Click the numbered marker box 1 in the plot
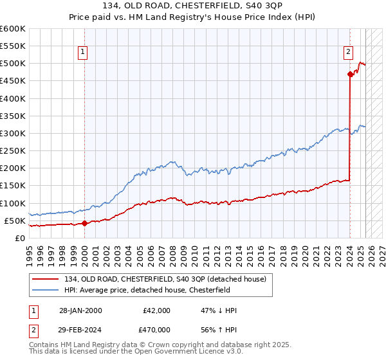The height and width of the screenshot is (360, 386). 84,53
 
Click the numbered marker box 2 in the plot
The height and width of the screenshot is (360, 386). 348,53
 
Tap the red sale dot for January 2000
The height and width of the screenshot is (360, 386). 85,223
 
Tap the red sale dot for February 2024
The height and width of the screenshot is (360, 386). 350,74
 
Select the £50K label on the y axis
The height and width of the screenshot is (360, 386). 15,221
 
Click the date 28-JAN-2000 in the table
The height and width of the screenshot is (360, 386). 80,310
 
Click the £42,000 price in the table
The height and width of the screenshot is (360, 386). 156,310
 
